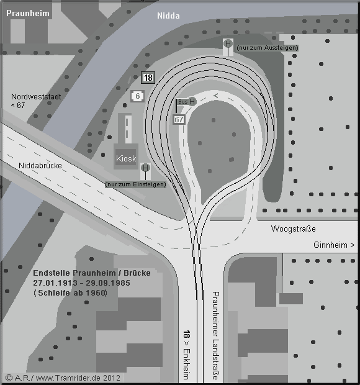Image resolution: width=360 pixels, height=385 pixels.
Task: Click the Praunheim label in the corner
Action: (x=28, y=13)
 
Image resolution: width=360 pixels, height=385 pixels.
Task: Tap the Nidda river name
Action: (x=168, y=16)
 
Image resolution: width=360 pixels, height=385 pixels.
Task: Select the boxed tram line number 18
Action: (x=148, y=78)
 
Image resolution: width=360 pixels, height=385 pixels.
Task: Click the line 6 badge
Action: (x=137, y=96)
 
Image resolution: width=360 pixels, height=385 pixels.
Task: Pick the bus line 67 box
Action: (x=179, y=120)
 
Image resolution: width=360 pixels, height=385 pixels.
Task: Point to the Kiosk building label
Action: (x=126, y=158)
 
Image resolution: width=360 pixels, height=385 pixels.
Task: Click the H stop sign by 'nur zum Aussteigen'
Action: (x=228, y=44)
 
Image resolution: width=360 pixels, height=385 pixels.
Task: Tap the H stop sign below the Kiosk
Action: (x=145, y=168)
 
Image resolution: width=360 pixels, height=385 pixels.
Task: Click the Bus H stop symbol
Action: (x=192, y=101)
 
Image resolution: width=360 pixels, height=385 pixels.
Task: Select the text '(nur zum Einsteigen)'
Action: (x=135, y=184)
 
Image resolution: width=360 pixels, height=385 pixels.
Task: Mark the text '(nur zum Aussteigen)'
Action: (x=268, y=48)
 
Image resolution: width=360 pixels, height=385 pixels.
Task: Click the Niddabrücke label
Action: (x=40, y=166)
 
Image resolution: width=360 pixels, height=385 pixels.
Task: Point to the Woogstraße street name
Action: (x=293, y=229)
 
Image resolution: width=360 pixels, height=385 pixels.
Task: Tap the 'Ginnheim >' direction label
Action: (x=334, y=245)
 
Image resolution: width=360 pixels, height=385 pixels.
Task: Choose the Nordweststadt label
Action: (x=36, y=97)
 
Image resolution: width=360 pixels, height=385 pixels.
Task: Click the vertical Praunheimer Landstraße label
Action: (x=215, y=335)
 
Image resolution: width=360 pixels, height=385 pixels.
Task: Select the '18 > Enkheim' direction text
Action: (x=186, y=355)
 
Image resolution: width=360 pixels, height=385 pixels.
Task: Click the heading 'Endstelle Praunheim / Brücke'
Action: (x=92, y=273)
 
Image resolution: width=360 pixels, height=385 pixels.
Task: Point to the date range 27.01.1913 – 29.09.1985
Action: (x=81, y=283)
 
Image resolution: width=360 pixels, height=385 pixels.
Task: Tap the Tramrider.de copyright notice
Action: (x=63, y=378)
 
